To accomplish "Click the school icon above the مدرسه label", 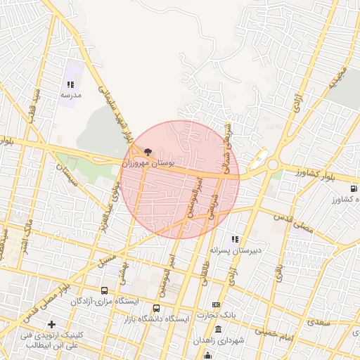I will coord(70,84).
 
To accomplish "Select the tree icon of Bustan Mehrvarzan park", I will coord(148,151).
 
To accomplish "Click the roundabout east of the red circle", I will coord(272,165).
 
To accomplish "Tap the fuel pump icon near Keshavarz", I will coord(352,188).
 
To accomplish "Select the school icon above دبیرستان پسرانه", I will coord(235,239).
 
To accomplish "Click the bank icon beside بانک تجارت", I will coord(216,304).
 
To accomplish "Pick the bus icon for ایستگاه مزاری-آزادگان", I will coord(104,290).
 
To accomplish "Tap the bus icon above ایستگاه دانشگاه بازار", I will coord(156,308).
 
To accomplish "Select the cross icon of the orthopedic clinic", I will coord(51,324).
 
